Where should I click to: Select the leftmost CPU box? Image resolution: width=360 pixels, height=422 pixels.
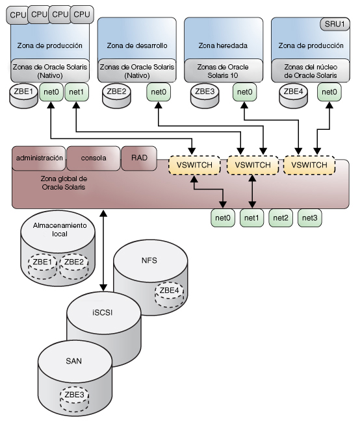coord(18,12)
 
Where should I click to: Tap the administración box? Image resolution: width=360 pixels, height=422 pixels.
coord(40,158)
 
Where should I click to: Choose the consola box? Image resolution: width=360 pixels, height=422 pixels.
coord(94,158)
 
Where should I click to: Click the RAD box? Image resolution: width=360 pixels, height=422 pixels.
coord(139,158)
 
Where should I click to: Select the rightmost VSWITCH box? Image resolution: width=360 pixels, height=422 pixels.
coord(309,166)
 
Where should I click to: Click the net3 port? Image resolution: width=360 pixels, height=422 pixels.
coord(310,218)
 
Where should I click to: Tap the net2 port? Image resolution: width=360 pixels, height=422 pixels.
coord(281,218)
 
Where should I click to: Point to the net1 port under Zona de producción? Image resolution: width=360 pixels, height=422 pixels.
coord(76,92)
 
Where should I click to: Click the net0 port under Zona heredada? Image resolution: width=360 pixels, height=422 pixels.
coord(244,92)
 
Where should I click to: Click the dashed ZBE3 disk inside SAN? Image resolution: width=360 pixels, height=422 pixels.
coord(75,395)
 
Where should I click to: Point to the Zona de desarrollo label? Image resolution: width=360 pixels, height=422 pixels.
coord(136,46)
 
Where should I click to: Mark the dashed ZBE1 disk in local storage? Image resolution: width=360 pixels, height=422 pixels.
coord(41,262)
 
